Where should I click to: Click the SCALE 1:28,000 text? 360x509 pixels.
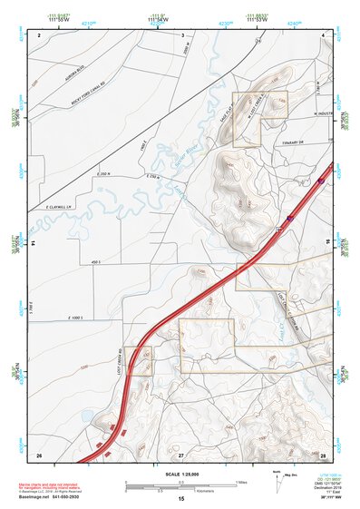click(180, 475)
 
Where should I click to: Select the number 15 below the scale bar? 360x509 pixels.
click(180, 499)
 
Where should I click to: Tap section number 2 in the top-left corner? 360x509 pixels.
click(39, 34)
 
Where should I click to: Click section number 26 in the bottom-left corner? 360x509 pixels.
click(39, 453)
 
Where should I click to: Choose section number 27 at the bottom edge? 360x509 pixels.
click(180, 453)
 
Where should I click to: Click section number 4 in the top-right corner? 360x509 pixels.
click(322, 34)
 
